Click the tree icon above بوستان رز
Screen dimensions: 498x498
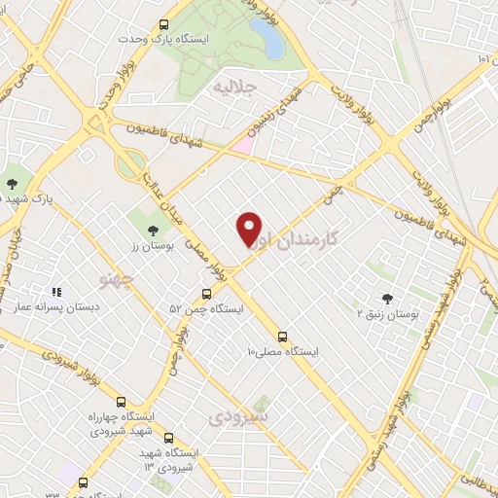point(152,231)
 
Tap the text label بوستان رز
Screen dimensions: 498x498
point(151,247)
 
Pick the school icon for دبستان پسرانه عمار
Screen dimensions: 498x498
point(56,291)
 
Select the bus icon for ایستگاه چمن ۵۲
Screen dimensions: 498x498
point(206,293)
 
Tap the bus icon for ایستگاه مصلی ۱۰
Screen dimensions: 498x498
point(283,333)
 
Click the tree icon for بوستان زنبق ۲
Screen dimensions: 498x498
point(388,299)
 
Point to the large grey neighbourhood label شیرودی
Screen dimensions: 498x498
point(238,416)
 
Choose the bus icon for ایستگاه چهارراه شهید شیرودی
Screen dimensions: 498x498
point(121,401)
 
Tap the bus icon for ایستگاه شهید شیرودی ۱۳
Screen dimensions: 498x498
point(169,439)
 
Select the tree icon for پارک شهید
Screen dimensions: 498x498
point(13,182)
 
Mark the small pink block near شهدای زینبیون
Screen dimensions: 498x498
point(241,145)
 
